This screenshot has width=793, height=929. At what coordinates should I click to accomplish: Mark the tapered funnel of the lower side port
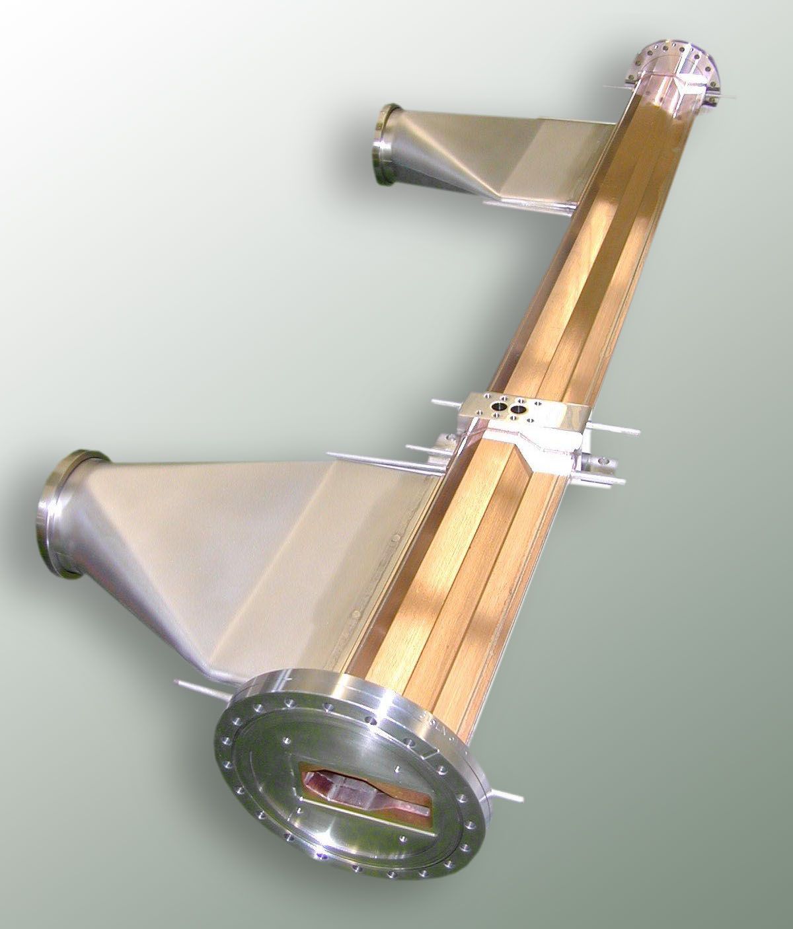click(218, 529)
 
